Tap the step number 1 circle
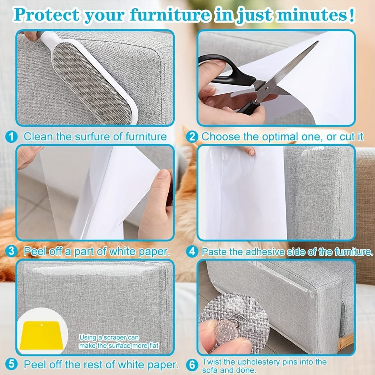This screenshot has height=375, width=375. pos(12,137)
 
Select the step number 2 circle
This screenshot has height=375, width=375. pos(192,137)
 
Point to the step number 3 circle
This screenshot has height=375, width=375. pos(12,251)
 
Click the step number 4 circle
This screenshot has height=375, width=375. pos(192,252)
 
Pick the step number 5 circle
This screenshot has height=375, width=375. pos(12,364)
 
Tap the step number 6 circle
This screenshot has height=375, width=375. pos(192,365)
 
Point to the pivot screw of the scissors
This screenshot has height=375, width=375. pos(267,88)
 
